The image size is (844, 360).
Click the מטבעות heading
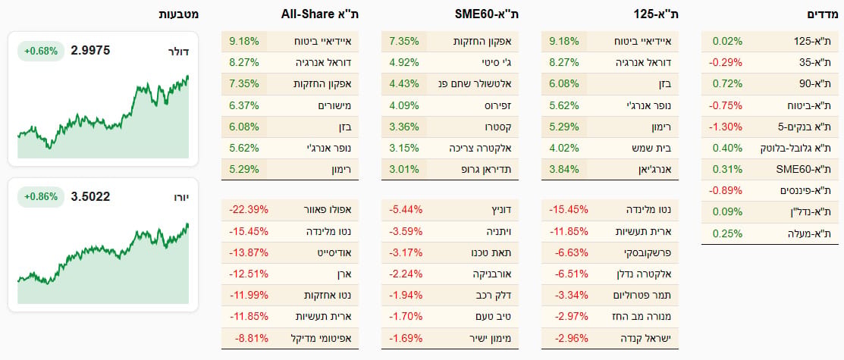pos(178,14)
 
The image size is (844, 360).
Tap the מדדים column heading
pos(823,14)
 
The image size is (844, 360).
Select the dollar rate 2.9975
pos(90,51)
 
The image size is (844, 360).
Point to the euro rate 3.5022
pos(90,197)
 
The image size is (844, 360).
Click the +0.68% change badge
pos(40,51)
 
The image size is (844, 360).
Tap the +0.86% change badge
pos(40,197)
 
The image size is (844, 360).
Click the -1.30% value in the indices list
pos(725,127)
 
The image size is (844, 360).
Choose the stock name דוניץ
pos(503,209)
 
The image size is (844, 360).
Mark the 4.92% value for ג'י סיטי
pos(403,62)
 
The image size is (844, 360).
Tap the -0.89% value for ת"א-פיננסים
pos(725,191)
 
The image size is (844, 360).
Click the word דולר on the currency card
pos(178,52)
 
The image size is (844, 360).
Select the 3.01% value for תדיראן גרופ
pos(403,170)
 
